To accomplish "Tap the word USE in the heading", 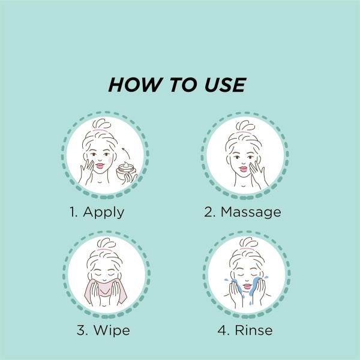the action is tap(225, 85).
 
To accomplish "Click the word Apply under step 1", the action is tap(104, 212).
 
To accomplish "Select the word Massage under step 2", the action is tap(251, 212).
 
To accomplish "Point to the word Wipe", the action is tap(112, 331).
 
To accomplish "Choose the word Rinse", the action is tap(254, 331).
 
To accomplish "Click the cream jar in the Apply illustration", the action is tap(126, 171).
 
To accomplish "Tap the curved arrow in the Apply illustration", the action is tap(126, 152).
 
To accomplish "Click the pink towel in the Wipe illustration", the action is tap(106, 291).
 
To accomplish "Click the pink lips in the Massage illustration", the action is tap(244, 169).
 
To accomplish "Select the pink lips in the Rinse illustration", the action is tap(247, 286).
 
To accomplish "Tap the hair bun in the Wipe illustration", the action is tap(106, 244).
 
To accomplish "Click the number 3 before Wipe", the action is tap(81, 331).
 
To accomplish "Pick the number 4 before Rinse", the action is tap(222, 331).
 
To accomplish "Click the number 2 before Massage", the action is tap(208, 212).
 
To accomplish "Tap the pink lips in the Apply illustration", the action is tap(100, 166).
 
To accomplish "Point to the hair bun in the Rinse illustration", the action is tap(248, 243).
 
